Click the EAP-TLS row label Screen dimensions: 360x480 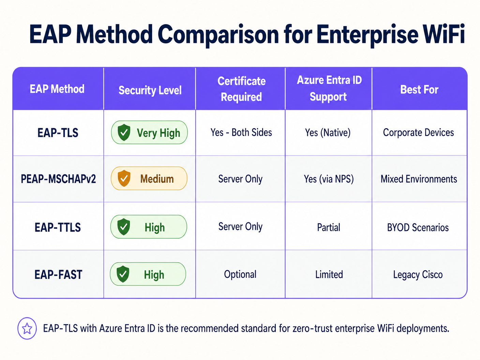58,133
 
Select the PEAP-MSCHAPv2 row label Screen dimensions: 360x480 58,179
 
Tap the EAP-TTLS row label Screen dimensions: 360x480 58,227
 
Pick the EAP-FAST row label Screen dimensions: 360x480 58,274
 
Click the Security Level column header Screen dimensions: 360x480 150,90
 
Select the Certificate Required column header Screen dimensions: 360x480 241,89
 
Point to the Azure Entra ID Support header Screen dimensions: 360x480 329,88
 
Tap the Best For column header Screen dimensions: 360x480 419,90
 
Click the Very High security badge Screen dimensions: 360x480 149,133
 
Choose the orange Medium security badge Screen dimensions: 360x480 149,179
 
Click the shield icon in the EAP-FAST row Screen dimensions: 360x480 123,274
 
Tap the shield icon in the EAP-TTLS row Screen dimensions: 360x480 123,227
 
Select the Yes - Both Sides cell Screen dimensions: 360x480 241,133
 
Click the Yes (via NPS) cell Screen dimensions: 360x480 329,179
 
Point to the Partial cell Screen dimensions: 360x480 329,227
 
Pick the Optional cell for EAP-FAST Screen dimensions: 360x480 240,274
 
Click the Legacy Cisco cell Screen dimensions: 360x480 418,275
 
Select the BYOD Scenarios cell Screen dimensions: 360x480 418,227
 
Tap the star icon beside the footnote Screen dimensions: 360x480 27,329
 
